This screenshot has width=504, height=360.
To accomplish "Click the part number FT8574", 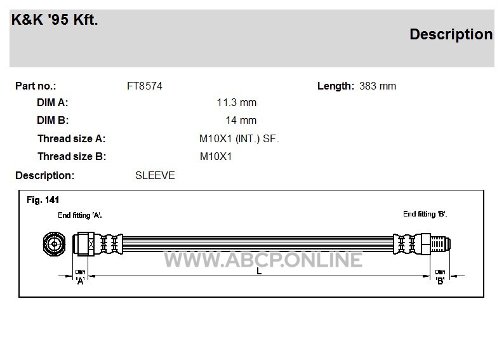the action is [145, 86].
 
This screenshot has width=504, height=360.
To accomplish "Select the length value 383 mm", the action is [378, 86].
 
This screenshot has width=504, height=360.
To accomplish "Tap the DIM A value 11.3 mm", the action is [237, 102].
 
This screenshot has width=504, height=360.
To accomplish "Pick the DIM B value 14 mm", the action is [241, 120].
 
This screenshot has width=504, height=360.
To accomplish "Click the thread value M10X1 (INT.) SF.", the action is [239, 139].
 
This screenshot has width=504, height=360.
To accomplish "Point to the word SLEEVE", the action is [155, 175].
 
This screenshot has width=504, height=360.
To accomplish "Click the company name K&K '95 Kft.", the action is [55, 20].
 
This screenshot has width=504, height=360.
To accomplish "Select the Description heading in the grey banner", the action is [451, 34].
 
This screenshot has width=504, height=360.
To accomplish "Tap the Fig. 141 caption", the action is [43, 200].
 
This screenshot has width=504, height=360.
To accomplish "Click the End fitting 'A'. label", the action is [80, 215].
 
